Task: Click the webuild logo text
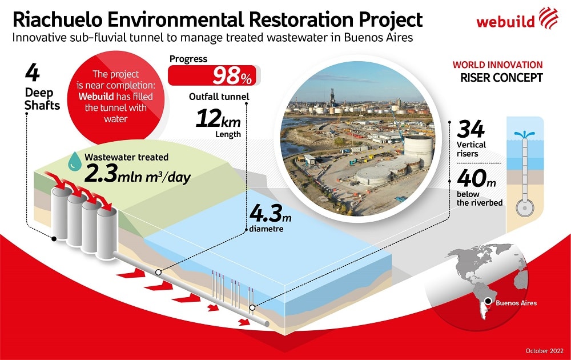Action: pyautogui.click(x=505, y=21)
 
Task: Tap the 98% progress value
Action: pyautogui.click(x=232, y=76)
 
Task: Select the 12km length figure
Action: pyautogui.click(x=218, y=119)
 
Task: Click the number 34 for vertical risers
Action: pyautogui.click(x=471, y=129)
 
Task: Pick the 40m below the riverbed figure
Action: pyautogui.click(x=476, y=178)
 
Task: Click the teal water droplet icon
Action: pyautogui.click(x=75, y=161)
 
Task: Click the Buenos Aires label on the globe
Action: pyautogui.click(x=516, y=303)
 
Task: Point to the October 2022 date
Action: pyautogui.click(x=544, y=351)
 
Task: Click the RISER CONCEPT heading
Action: pyautogui.click(x=501, y=78)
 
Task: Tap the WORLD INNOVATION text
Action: pyautogui.click(x=497, y=65)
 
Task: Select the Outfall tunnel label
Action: pyautogui.click(x=219, y=97)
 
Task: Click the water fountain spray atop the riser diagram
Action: pyautogui.click(x=524, y=134)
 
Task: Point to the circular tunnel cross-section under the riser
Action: pyautogui.click(x=525, y=208)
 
